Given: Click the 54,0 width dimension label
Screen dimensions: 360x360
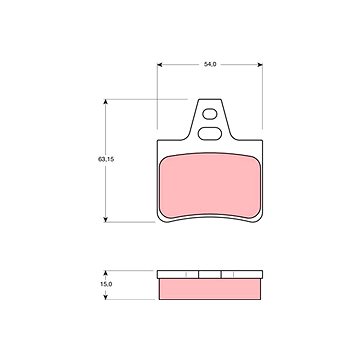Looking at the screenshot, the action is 210,64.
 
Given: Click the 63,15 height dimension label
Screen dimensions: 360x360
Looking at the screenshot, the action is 106,159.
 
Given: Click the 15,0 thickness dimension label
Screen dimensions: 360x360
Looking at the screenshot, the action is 106,284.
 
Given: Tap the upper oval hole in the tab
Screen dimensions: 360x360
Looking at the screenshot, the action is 210,114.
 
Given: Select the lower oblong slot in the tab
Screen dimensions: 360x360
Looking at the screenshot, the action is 210,134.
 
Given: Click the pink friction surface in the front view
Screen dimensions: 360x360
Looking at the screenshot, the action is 210,185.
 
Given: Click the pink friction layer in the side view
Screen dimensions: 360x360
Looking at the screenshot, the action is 210,289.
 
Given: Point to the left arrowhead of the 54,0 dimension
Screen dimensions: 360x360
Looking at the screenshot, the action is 160,65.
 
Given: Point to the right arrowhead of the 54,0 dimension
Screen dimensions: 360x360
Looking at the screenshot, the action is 260,65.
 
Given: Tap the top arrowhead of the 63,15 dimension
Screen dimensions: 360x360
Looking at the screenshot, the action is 106,102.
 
